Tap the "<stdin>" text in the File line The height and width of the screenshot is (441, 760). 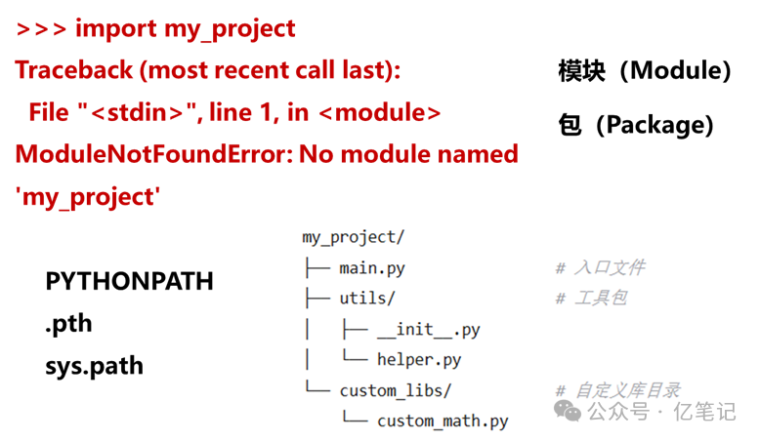click(x=137, y=112)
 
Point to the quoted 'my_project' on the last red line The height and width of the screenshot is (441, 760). click(x=87, y=196)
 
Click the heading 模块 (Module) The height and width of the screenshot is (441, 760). click(x=645, y=71)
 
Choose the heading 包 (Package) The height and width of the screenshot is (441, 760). click(x=636, y=125)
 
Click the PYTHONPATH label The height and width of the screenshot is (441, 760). click(x=129, y=282)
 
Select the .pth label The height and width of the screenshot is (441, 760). click(x=68, y=324)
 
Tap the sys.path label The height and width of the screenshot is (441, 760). click(x=94, y=366)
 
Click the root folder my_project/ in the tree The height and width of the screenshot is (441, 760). click(x=353, y=237)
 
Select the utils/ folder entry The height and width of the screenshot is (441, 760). click(x=366, y=298)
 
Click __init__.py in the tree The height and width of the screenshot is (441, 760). click(x=428, y=329)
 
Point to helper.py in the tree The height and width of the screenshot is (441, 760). click(x=418, y=360)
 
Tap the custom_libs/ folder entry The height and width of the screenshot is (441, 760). click(x=396, y=390)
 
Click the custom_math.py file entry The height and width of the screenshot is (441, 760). click(x=443, y=421)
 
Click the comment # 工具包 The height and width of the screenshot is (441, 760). click(x=590, y=298)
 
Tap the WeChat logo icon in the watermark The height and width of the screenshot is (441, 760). click(x=567, y=411)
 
